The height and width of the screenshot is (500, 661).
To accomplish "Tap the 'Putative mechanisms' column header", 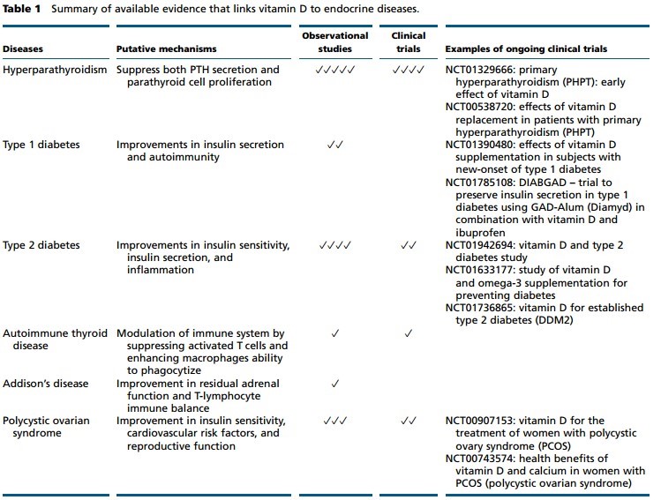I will pos(167,49).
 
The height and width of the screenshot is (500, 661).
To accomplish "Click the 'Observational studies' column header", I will pos(334,42).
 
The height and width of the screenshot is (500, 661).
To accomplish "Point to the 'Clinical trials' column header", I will pos(408,42).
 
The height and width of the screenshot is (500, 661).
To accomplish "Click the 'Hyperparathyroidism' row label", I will pos(56,70).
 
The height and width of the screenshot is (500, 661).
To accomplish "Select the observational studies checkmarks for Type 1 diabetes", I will pos(334,143).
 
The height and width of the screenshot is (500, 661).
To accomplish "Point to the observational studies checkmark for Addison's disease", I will pos(334,384).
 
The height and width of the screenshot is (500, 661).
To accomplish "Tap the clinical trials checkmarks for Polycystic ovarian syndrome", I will pos(408,421).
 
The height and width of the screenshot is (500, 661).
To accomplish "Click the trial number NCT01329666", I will pos(481,70).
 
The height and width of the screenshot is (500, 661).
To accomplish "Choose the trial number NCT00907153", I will pos(481,421).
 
